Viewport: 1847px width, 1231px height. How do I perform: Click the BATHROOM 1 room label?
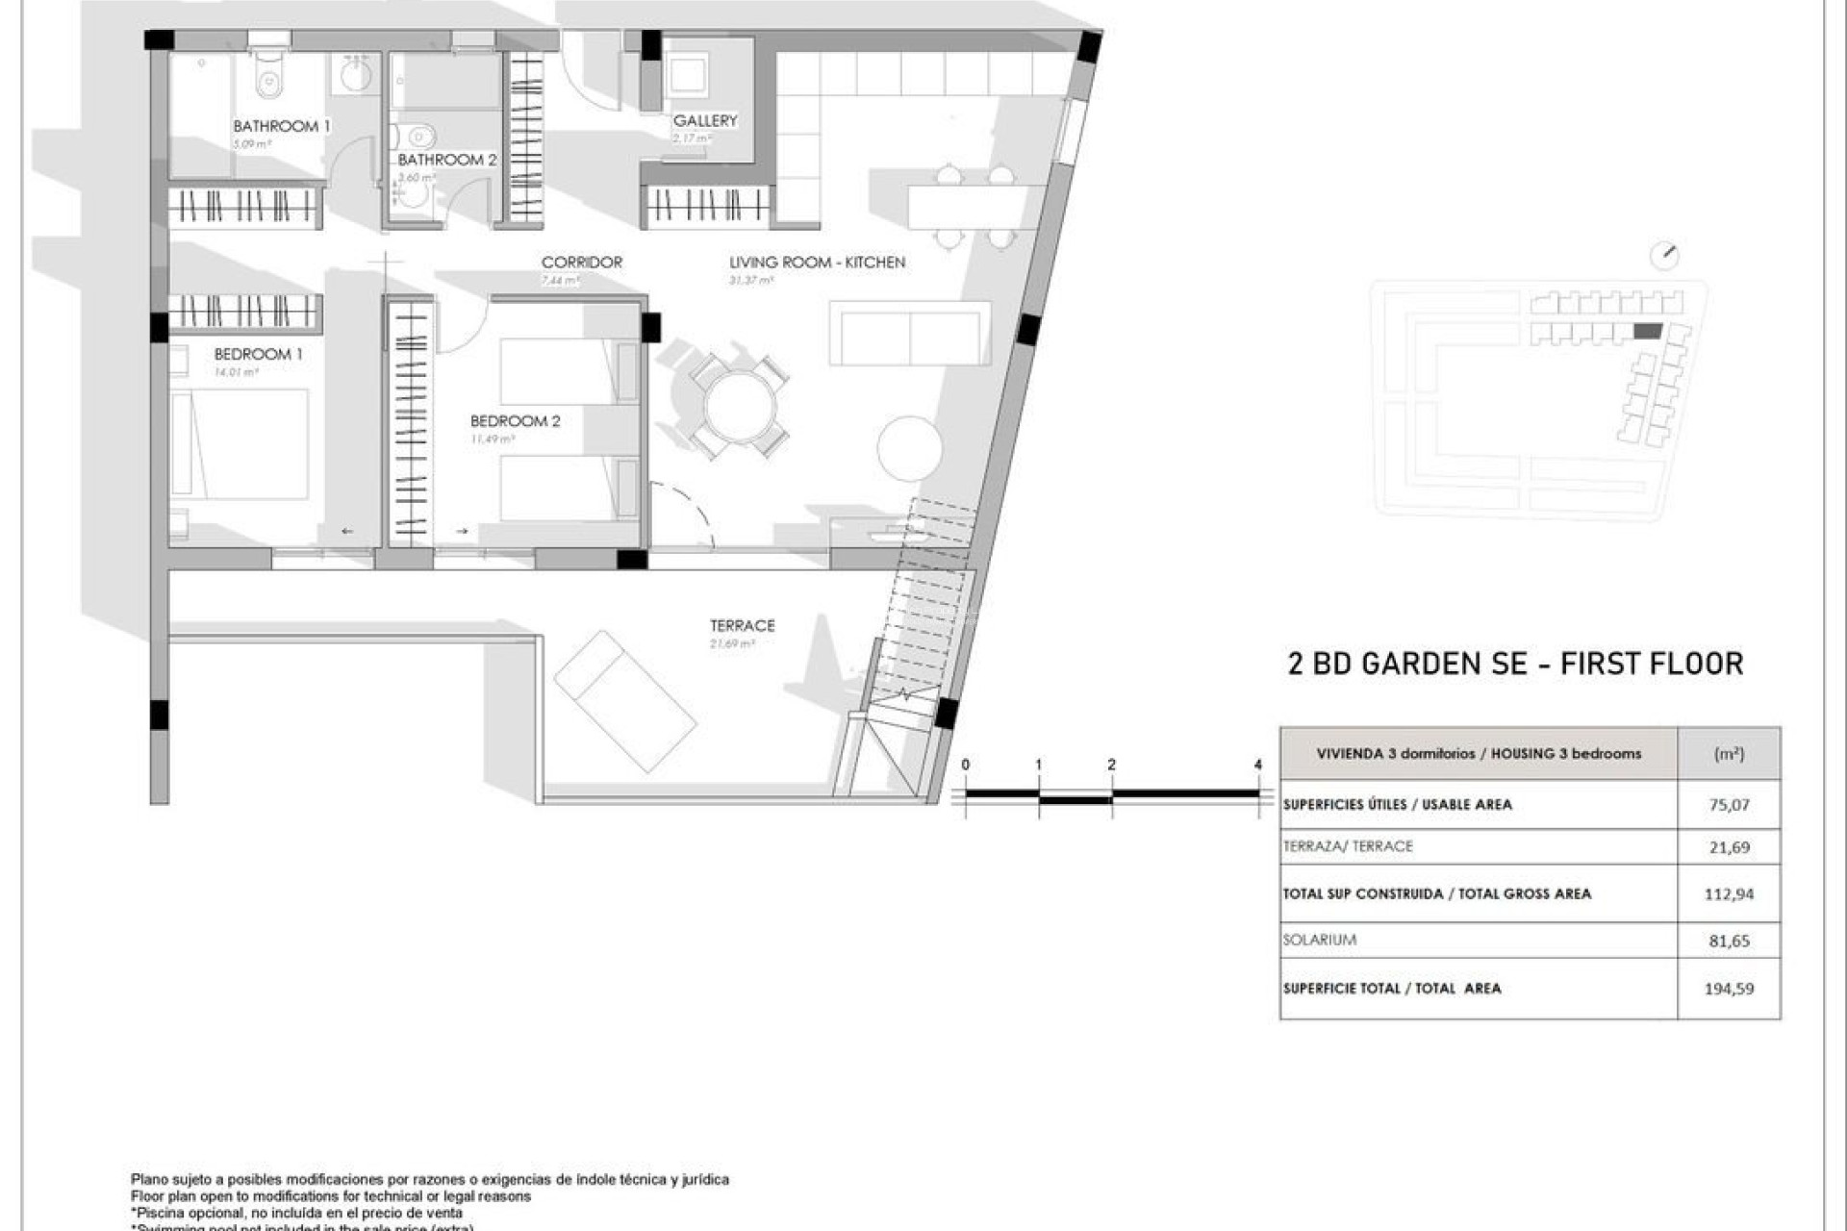point(281,126)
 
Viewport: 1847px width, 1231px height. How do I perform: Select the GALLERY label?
point(705,120)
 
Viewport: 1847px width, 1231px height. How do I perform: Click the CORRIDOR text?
point(581,262)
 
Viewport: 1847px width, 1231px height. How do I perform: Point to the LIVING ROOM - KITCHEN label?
point(817,262)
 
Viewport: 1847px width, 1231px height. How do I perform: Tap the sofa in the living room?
point(909,333)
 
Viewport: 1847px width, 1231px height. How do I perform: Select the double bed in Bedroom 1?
point(240,443)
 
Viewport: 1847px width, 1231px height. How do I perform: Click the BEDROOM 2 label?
point(515,421)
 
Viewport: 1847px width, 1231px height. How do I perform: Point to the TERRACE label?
point(742,625)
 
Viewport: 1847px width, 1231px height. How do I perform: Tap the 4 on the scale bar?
point(1257,765)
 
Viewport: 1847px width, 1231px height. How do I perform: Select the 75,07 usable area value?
point(1729,805)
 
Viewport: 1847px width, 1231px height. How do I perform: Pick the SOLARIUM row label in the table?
point(1319,940)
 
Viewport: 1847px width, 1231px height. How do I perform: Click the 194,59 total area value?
point(1729,988)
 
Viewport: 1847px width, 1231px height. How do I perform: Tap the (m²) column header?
point(1729,754)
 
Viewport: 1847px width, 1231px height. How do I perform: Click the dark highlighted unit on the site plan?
point(1648,332)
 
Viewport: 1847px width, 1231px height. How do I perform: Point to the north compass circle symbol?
point(1663,256)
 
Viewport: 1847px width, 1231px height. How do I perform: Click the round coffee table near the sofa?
point(909,448)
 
